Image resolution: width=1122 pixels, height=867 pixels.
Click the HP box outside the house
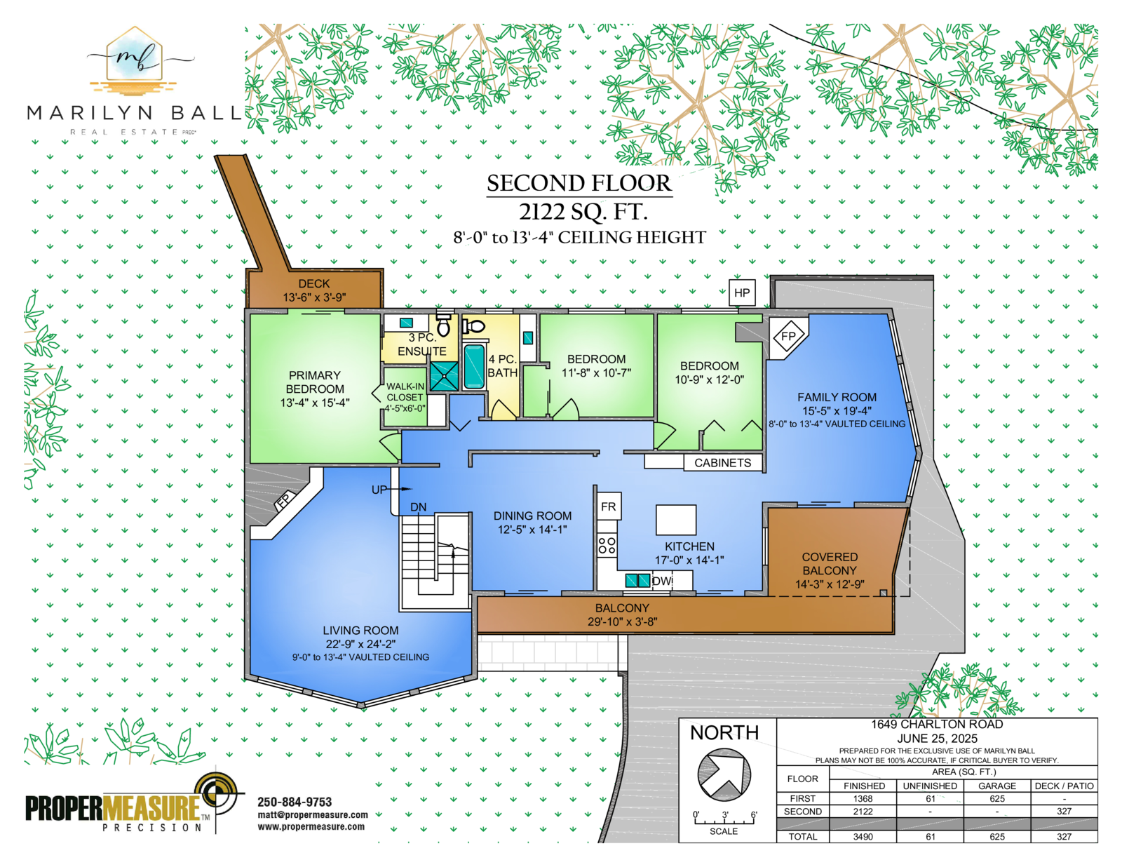click(742, 293)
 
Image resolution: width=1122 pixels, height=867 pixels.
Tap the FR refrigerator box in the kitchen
click(609, 506)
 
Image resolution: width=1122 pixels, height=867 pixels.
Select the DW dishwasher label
click(662, 581)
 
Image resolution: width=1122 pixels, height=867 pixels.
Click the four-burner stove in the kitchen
click(607, 545)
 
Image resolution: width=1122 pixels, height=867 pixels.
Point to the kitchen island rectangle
click(676, 520)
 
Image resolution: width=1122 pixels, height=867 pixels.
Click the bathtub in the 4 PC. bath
click(474, 366)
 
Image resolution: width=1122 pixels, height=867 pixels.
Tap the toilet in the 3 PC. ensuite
click(443, 324)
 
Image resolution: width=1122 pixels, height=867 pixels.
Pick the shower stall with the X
click(445, 376)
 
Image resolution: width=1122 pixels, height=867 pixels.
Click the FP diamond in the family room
click(788, 337)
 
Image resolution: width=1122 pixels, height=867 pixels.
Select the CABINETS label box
click(723, 463)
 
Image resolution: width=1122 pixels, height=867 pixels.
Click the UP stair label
click(379, 490)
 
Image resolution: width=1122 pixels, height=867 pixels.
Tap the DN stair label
click(418, 507)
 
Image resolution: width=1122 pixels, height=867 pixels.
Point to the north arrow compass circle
click(724, 775)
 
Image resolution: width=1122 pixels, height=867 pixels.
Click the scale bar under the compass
click(724, 821)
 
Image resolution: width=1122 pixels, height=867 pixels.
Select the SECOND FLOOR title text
click(579, 183)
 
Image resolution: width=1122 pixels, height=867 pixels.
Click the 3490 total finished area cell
click(863, 837)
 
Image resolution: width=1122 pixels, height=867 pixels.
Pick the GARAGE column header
click(997, 786)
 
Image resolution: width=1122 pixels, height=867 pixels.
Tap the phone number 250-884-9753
click(295, 802)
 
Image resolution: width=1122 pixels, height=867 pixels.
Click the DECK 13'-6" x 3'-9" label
click(314, 290)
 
